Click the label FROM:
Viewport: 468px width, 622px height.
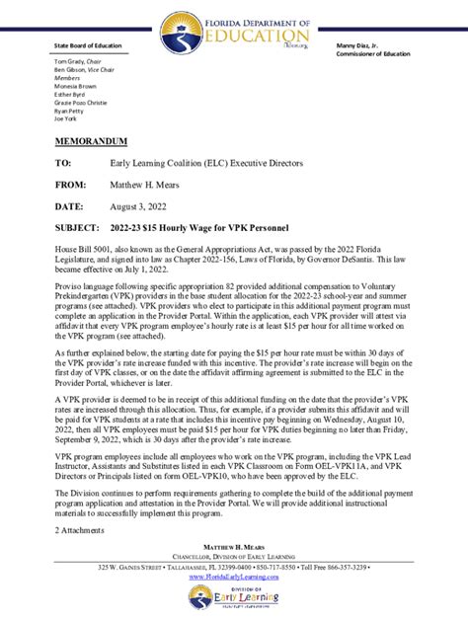click(71, 184)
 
